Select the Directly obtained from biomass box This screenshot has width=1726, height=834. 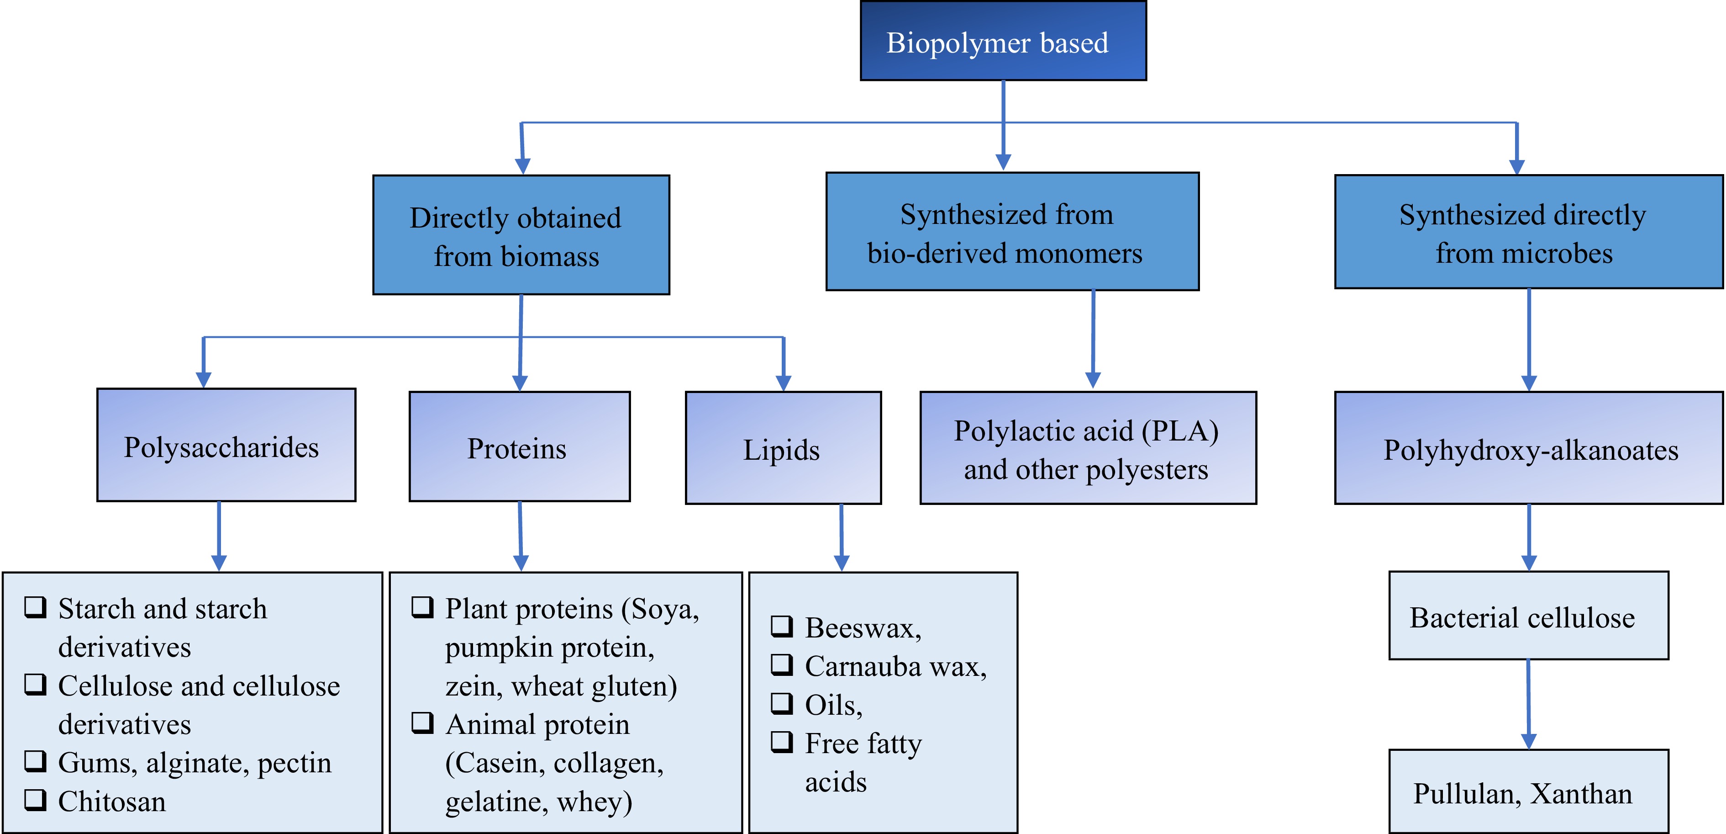(x=521, y=235)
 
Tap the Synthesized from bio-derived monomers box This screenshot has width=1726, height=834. (x=1012, y=232)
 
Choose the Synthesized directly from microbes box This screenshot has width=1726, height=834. (x=1528, y=233)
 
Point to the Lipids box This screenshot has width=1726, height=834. (x=783, y=448)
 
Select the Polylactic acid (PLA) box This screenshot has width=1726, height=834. (x=1088, y=448)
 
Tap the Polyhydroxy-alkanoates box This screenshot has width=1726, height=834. (x=1528, y=448)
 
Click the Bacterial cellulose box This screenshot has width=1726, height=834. (x=1528, y=616)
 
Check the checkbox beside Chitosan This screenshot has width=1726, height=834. (x=36, y=799)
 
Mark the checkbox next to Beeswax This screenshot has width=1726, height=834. (x=781, y=626)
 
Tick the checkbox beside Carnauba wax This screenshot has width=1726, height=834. (x=781, y=664)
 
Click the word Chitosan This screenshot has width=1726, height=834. (x=112, y=801)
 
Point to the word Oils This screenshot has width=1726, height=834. (x=832, y=705)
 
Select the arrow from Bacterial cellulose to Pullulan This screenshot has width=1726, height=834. (x=1528, y=704)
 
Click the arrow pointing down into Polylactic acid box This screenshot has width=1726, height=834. (x=1093, y=339)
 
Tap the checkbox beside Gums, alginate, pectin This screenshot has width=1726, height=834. (x=36, y=760)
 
